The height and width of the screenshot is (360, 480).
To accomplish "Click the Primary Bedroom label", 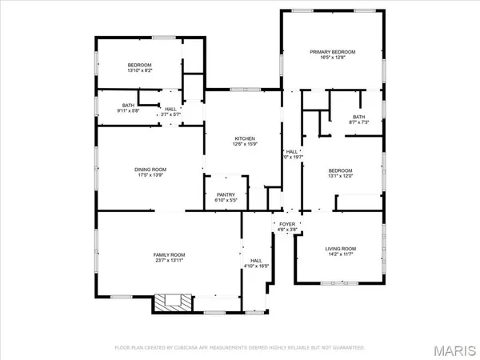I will pos(332,51).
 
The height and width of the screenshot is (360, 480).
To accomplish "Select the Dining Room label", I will pos(150,169).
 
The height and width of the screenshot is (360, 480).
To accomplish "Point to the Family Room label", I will pos(169,254).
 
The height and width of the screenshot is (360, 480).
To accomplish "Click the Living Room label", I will pos(340,249).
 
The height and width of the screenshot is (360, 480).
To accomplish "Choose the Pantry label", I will pos(225,194).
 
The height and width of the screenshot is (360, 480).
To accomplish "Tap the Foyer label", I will pos(286,224).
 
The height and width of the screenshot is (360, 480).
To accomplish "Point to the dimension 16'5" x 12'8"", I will pos(332,58).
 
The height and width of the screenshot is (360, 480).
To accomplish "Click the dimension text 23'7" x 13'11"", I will pos(169,261).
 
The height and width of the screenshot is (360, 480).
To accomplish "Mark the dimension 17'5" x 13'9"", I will pos(150,175).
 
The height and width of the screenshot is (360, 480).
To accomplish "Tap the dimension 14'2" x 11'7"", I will pos(340,255).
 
